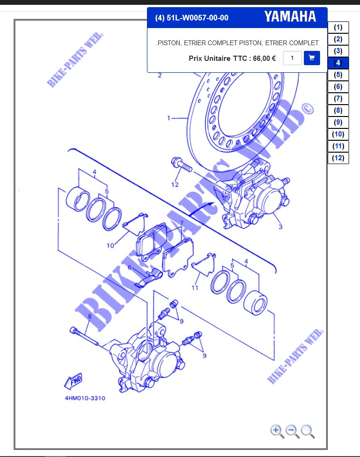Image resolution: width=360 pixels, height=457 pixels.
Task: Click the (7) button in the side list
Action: click(338, 98)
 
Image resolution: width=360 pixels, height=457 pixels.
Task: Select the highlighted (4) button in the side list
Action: click(338, 63)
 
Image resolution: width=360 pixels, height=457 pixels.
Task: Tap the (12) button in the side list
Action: click(338, 158)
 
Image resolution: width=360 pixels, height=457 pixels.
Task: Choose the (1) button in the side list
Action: click(338, 27)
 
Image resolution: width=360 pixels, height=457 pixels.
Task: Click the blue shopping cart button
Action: click(311, 58)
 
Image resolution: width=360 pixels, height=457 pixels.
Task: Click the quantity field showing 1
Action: click(292, 58)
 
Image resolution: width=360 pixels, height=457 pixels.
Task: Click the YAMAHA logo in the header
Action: click(290, 17)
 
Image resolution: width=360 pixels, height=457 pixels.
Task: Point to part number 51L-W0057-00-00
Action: click(197, 18)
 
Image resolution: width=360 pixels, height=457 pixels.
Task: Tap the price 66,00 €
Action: click(264, 58)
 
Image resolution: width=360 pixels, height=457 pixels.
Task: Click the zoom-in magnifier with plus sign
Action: click(277, 431)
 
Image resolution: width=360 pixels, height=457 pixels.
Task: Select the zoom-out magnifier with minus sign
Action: click(292, 431)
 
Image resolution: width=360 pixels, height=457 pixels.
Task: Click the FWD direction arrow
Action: click(73, 381)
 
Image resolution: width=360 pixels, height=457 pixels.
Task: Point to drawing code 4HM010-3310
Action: click(85, 398)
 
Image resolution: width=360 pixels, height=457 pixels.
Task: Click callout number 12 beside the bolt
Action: click(175, 185)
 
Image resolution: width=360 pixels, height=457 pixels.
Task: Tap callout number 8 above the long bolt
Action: click(90, 316)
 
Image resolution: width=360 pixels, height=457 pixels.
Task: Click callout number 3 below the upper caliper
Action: click(281, 226)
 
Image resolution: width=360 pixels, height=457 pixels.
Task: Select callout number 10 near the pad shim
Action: click(110, 246)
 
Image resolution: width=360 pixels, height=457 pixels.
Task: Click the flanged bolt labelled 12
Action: click(182, 164)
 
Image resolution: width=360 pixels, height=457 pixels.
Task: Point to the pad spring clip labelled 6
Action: click(149, 278)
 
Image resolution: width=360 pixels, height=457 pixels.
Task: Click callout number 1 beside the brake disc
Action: click(168, 118)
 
